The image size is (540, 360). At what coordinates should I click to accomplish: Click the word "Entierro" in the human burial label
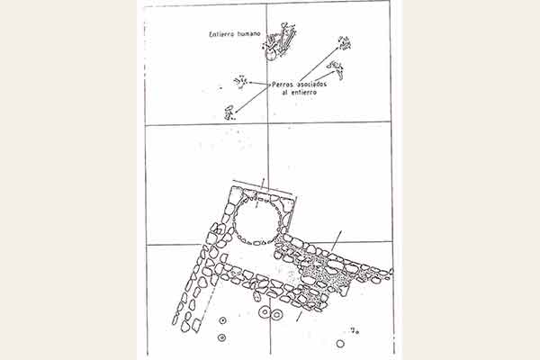point(221,34)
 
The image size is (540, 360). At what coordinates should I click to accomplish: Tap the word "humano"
point(248,34)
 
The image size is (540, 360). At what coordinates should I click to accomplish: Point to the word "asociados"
point(312,84)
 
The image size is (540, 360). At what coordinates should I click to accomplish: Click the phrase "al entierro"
point(300,93)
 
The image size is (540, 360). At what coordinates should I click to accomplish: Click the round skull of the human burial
point(271,54)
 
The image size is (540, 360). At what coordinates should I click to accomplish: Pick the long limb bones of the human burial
point(288,39)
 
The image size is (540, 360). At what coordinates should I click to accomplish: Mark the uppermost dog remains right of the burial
point(345,43)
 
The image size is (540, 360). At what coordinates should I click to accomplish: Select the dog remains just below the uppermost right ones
point(337,69)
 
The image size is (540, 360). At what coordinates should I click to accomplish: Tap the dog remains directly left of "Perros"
point(240,82)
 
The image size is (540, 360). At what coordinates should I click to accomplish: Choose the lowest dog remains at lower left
point(229,112)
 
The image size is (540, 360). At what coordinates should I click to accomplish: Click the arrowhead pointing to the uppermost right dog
point(337,49)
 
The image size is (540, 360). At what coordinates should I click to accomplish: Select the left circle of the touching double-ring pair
point(265,312)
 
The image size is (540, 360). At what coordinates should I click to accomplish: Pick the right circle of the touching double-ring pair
point(276,314)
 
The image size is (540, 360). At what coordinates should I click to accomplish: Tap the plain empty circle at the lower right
point(340,344)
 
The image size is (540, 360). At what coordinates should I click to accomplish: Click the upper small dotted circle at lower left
point(222,320)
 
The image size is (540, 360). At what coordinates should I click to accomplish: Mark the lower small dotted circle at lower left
point(222,337)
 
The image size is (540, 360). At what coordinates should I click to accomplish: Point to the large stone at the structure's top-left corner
point(236,195)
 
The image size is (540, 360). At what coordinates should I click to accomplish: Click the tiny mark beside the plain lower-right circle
point(355,331)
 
